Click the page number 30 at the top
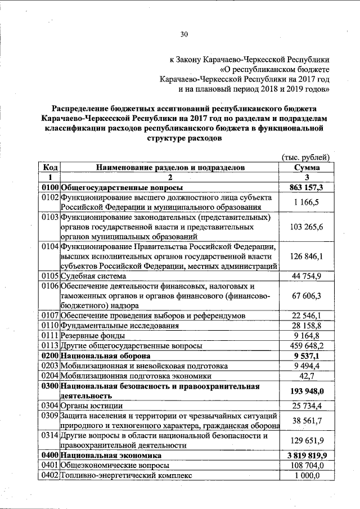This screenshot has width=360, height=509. (183, 34)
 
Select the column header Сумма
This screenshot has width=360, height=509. (307, 168)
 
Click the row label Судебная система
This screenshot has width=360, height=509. (93, 276)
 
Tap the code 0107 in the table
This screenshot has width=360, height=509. (50, 316)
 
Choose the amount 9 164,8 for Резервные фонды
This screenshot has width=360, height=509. (307, 336)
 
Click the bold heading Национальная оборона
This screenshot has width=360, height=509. (105, 356)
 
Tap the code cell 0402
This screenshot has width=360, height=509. (50, 476)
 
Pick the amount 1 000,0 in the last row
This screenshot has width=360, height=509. (307, 476)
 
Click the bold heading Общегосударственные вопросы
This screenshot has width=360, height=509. (123, 188)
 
